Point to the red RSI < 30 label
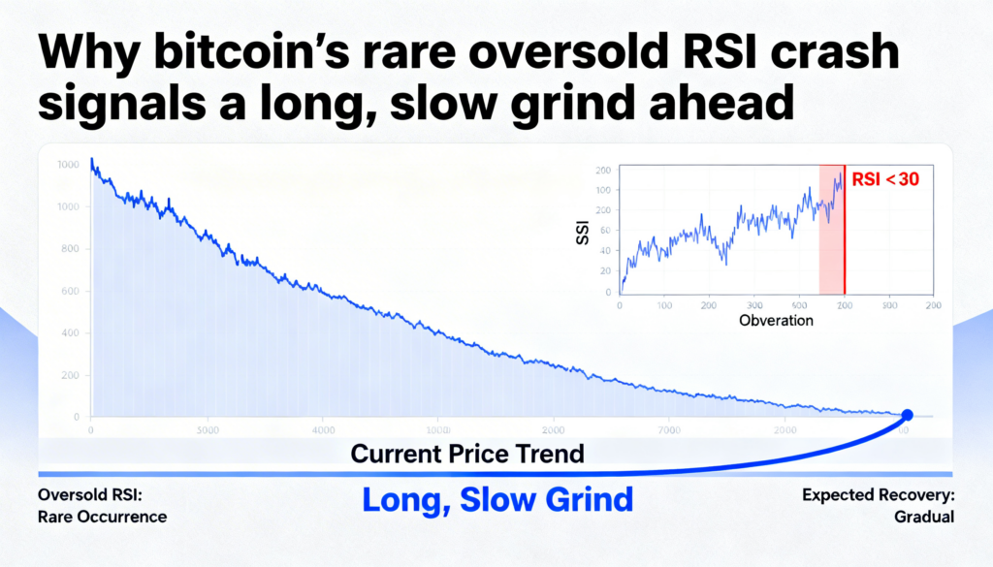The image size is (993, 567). tap(885, 178)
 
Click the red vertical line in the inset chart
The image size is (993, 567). tap(845, 233)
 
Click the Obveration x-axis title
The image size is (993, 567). tap(776, 320)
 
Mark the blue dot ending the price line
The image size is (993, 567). tap(908, 415)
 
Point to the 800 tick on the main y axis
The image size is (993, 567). tap(69, 248)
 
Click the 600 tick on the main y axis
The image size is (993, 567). tap(69, 291)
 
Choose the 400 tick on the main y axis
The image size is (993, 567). tap(69, 332)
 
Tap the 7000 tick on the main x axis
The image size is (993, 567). tap(669, 429)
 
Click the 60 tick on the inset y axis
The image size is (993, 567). tap(606, 231)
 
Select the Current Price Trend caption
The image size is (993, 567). tap(467, 453)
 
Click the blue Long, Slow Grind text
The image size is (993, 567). tap(497, 499)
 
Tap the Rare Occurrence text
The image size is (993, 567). tap(102, 517)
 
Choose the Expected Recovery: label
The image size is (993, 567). tap(879, 495)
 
